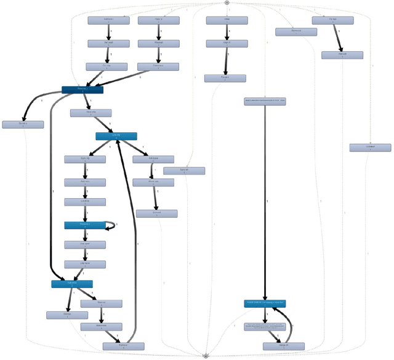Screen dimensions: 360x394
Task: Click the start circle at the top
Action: [x=227, y=2]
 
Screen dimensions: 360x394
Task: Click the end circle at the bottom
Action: [x=206, y=356]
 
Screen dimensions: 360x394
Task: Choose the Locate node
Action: [x=85, y=201]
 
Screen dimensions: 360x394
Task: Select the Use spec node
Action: [x=85, y=244]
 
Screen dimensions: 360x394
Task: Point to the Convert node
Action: [x=370, y=148]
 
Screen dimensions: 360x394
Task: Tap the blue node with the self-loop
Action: [x=85, y=225]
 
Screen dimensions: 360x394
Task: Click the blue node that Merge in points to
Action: [x=265, y=303]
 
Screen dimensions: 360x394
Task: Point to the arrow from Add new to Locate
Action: [x=85, y=192]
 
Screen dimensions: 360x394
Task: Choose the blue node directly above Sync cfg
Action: [x=116, y=136]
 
